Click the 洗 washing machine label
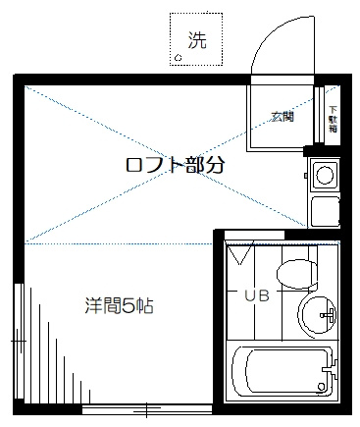(198, 40)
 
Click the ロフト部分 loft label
(176, 165)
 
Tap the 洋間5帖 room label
(118, 306)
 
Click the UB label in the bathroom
(256, 294)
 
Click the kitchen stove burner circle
(324, 177)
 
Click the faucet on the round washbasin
(332, 316)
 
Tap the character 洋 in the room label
(90, 306)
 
